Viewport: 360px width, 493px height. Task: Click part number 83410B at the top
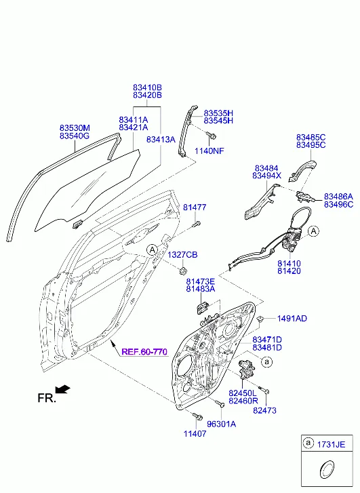147,87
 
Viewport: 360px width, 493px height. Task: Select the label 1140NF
209,151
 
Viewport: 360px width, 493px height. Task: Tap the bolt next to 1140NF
211,136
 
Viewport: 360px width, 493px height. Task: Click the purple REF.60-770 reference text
144,351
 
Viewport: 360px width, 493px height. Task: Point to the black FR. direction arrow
63,389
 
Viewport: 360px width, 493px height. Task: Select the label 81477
195,208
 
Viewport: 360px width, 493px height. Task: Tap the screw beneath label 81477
196,224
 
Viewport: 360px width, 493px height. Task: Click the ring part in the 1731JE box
327,470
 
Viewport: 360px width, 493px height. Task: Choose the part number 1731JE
331,445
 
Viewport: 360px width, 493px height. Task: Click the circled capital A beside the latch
313,231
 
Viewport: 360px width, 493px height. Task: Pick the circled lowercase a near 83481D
267,362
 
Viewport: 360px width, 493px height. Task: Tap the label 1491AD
292,319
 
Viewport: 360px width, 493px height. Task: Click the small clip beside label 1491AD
260,319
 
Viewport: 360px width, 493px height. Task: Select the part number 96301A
221,424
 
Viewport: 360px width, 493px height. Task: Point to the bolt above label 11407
197,416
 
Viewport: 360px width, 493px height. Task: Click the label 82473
264,410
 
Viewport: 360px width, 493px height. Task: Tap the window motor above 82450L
247,369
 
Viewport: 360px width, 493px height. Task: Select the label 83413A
161,139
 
